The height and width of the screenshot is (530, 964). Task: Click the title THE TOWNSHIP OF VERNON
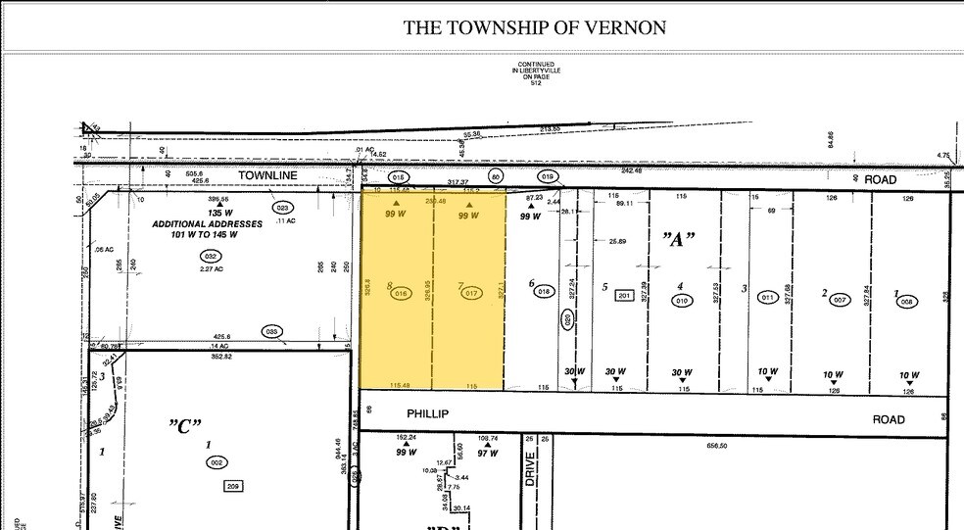tap(535, 27)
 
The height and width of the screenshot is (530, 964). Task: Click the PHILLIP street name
tap(427, 414)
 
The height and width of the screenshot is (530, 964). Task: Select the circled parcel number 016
tap(400, 293)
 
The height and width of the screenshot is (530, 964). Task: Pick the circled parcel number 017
tap(472, 293)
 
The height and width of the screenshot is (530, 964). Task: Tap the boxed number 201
tap(624, 296)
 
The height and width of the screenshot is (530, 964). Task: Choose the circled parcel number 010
tap(682, 301)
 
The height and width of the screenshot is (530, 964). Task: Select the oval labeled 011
tap(769, 297)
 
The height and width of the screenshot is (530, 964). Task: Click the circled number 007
tap(840, 299)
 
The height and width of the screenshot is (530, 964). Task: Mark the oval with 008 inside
tap(906, 302)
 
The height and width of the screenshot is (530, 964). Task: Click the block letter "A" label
tap(676, 240)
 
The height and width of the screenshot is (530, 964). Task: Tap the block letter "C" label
tap(184, 425)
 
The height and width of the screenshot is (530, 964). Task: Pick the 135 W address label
tap(219, 212)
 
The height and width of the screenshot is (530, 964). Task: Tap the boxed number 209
tap(233, 486)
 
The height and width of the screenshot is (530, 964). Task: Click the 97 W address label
tap(488, 454)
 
